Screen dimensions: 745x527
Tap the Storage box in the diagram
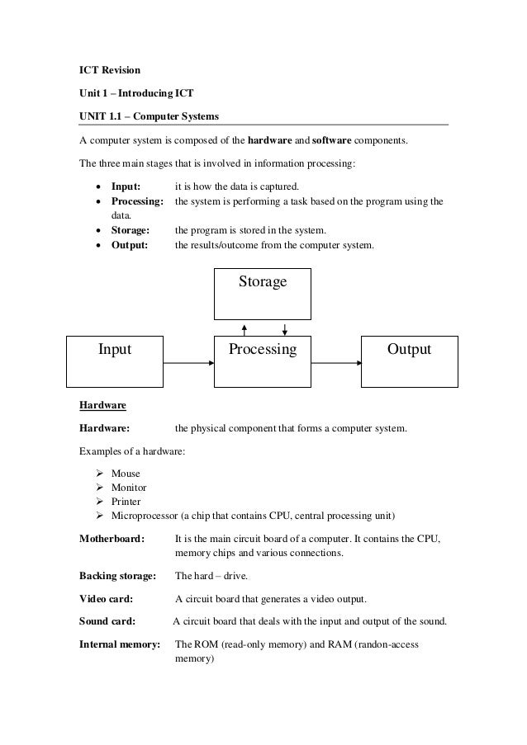point(263,293)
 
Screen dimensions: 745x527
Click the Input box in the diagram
point(115,361)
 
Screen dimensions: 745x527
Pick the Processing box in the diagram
point(263,361)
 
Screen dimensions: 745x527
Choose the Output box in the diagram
point(409,361)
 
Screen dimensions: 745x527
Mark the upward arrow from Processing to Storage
point(244,328)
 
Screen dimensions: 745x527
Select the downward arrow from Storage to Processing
point(284,328)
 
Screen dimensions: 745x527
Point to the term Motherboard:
point(112,539)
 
